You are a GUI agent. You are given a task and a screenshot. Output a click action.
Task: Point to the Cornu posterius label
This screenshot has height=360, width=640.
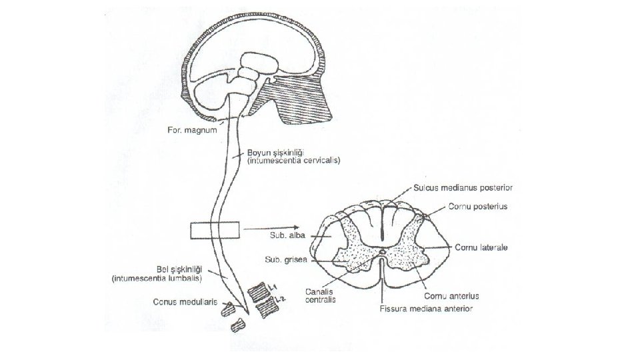(x=478, y=207)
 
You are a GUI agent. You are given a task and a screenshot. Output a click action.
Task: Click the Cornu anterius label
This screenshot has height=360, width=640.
(x=451, y=295)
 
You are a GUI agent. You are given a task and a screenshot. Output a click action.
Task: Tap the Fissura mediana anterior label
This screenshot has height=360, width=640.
(x=426, y=309)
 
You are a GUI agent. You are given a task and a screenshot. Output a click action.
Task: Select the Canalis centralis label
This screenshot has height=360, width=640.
(x=321, y=295)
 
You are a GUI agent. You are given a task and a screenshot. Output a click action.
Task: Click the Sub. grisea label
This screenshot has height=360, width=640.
(x=285, y=260)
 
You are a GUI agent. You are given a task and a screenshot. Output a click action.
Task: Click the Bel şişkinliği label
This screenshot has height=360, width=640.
(x=147, y=269)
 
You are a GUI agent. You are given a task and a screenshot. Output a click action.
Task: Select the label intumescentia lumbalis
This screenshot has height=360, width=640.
(x=156, y=278)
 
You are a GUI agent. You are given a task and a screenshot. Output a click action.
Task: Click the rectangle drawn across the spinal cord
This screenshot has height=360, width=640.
(x=215, y=230)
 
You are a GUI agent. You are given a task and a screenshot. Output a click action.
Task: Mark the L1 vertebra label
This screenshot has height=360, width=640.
(x=273, y=285)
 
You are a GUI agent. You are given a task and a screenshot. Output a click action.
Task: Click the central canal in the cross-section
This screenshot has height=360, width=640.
(x=382, y=253)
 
